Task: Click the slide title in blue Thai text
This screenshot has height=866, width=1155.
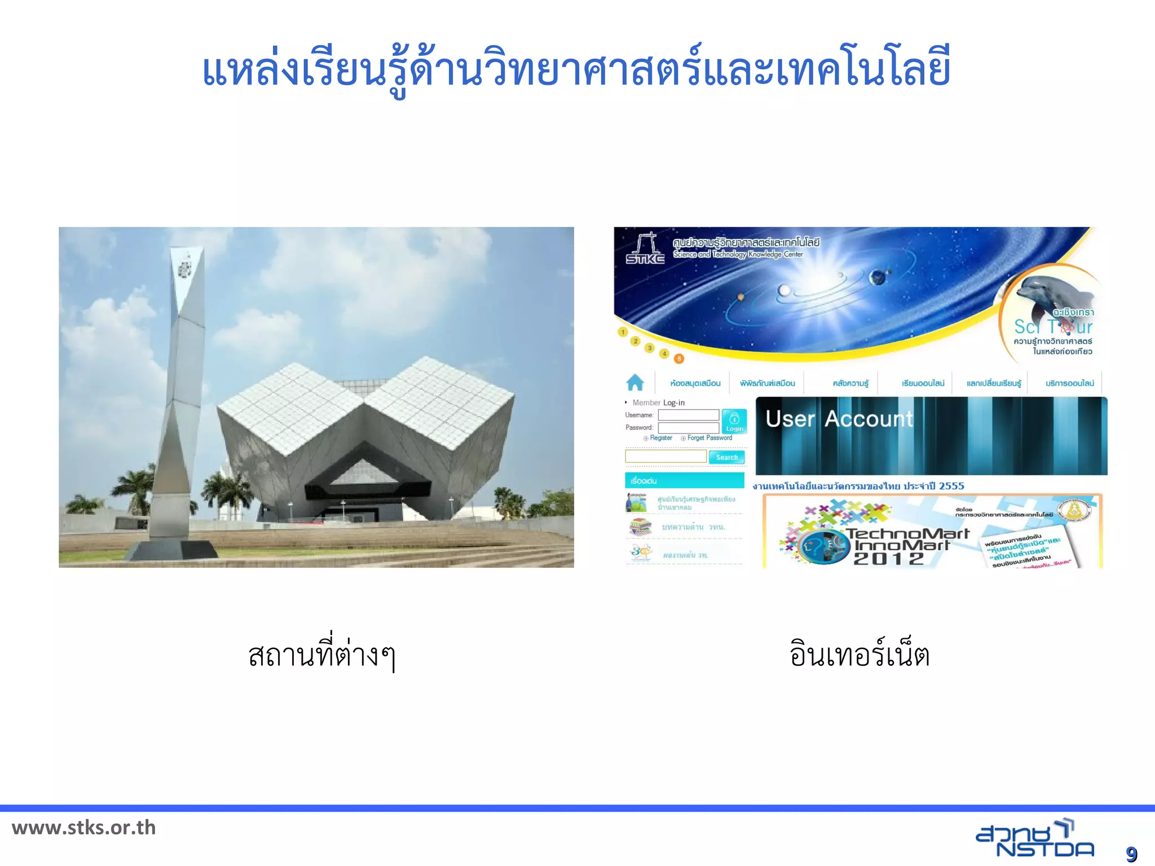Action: pyautogui.click(x=576, y=69)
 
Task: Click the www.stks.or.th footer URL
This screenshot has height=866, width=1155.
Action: pyautogui.click(x=83, y=828)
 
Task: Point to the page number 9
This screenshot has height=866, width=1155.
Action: pyautogui.click(x=1131, y=854)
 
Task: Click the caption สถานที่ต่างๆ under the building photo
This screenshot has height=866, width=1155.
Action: pyautogui.click(x=322, y=655)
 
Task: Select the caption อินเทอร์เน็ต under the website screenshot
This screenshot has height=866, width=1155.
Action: pyautogui.click(x=859, y=655)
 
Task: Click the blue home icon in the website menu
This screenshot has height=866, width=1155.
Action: pyautogui.click(x=635, y=382)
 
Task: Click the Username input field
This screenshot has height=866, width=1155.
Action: pyautogui.click(x=688, y=415)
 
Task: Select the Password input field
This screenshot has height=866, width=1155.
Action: pyautogui.click(x=688, y=428)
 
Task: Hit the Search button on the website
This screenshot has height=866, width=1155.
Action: pyautogui.click(x=726, y=457)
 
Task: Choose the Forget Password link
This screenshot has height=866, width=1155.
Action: pyautogui.click(x=709, y=438)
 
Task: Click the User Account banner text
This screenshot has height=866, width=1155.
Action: pyautogui.click(x=839, y=419)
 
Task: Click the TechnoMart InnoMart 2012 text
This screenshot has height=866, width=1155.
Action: pyautogui.click(x=905, y=546)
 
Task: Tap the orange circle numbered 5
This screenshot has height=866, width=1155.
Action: pyautogui.click(x=679, y=359)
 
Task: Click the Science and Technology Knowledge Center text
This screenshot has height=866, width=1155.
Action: pyautogui.click(x=738, y=254)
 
